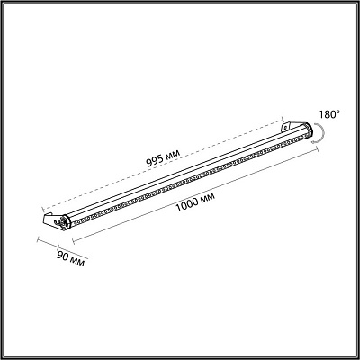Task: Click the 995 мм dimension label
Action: pos(163,158)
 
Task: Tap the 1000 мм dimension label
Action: pos(195,202)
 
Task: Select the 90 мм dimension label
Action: pos(71,259)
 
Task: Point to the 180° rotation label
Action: pos(329,114)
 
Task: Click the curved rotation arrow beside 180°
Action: pos(321,133)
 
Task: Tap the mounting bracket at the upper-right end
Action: pos(292,126)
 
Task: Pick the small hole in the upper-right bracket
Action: pos(285,127)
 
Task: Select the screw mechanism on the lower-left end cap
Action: pos(61,222)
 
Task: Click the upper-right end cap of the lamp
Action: pos(309,129)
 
